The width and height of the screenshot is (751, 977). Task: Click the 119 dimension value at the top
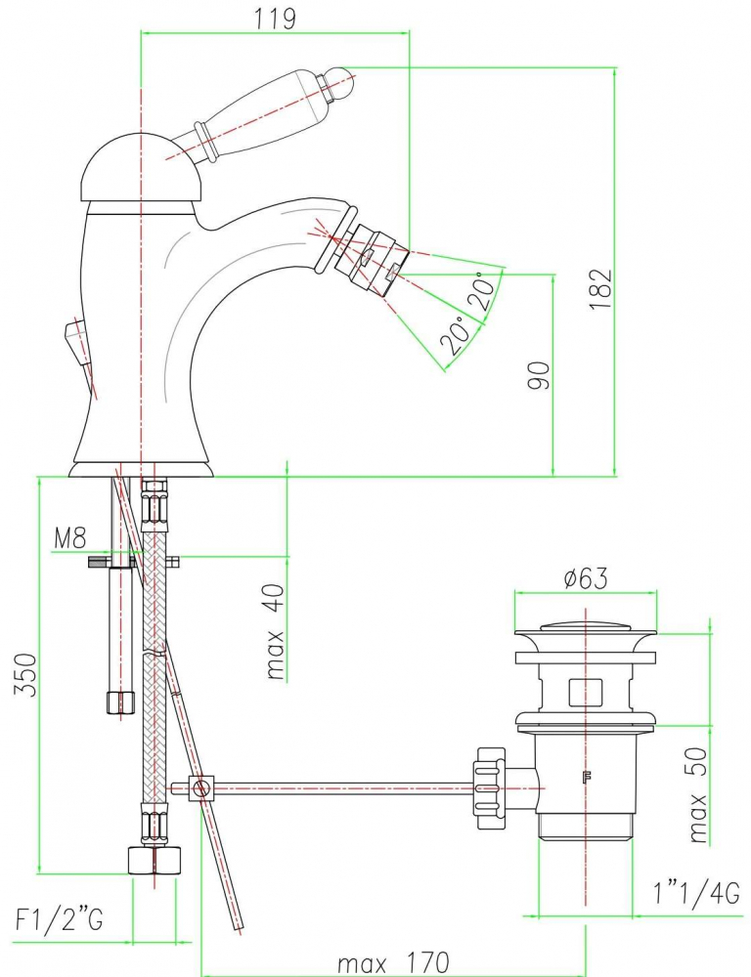277,18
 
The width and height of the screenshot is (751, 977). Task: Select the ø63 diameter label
585,578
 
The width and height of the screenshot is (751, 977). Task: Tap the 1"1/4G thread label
696,893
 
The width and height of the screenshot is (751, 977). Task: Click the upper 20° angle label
481,290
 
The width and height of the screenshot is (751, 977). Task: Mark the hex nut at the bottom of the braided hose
154,860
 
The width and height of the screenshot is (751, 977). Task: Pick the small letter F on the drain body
587,778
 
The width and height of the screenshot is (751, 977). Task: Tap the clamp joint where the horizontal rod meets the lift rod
202,787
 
